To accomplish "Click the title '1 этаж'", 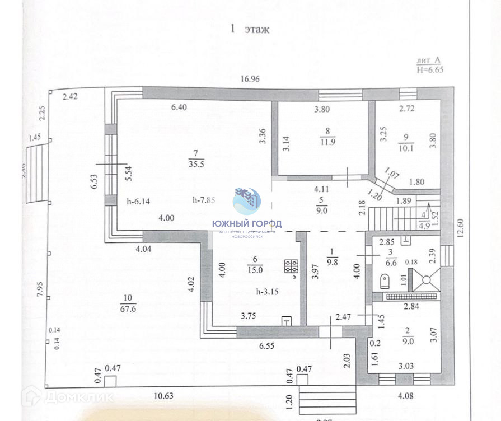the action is tap(250, 30).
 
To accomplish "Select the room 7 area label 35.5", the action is tap(195, 163).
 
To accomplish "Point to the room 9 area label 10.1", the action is tap(406, 148).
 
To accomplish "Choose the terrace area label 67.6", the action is tap(129, 307).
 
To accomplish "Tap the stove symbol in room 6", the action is tap(291, 267).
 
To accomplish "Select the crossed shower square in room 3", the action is tap(424, 278).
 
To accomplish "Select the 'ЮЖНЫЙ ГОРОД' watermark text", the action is tap(247, 223).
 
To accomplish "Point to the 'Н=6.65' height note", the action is tap(430, 69).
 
